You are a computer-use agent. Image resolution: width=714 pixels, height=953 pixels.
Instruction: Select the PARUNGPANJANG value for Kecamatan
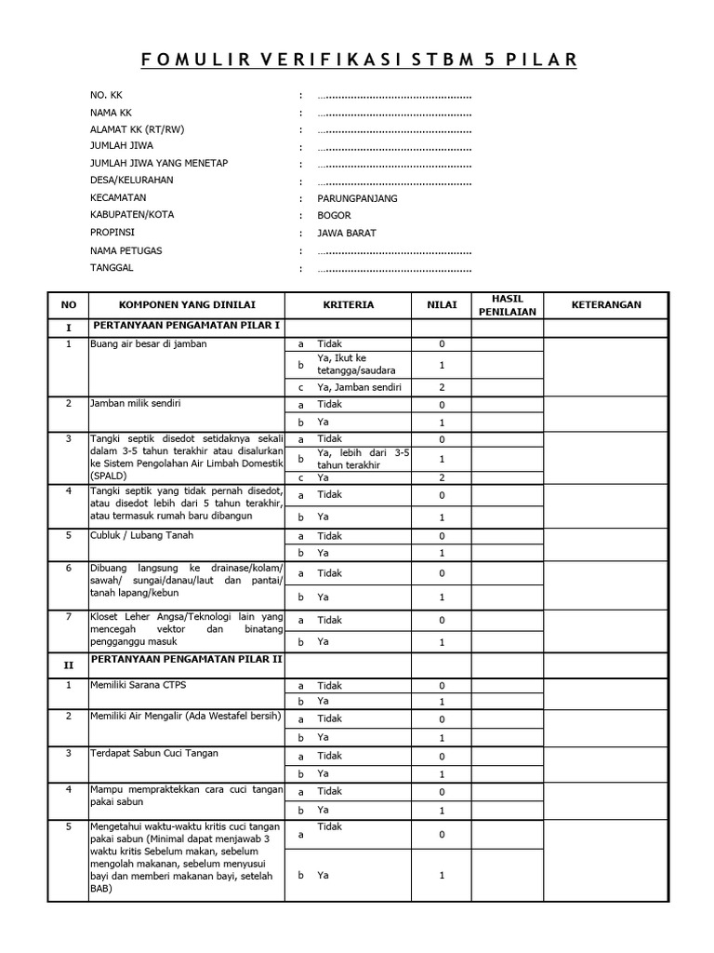pyautogui.click(x=357, y=198)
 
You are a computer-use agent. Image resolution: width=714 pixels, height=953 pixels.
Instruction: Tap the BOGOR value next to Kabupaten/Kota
pyautogui.click(x=334, y=216)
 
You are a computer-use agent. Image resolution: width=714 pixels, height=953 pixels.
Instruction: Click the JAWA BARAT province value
pyautogui.click(x=347, y=234)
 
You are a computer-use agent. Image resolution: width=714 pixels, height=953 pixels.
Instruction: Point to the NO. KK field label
pyautogui.click(x=106, y=95)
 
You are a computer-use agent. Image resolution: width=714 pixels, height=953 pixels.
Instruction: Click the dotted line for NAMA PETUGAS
pyautogui.click(x=394, y=251)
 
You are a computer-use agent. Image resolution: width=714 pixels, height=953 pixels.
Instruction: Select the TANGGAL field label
pyautogui.click(x=112, y=268)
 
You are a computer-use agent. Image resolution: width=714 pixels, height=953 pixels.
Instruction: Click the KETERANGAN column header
pyautogui.click(x=605, y=304)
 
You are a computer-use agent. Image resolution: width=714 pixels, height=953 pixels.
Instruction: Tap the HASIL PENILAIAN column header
pyautogui.click(x=507, y=304)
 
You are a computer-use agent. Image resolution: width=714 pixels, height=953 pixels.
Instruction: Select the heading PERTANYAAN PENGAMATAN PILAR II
pyautogui.click(x=187, y=659)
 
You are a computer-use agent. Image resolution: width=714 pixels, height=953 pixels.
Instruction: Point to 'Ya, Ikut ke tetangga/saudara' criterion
pyautogui.click(x=354, y=364)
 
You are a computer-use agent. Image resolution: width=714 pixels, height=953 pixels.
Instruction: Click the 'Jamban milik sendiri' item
pyautogui.click(x=136, y=403)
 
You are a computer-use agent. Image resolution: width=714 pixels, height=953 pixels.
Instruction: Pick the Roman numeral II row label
pyautogui.click(x=67, y=665)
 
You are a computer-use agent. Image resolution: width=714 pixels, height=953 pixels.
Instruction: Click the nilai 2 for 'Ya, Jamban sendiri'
pyautogui.click(x=442, y=386)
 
